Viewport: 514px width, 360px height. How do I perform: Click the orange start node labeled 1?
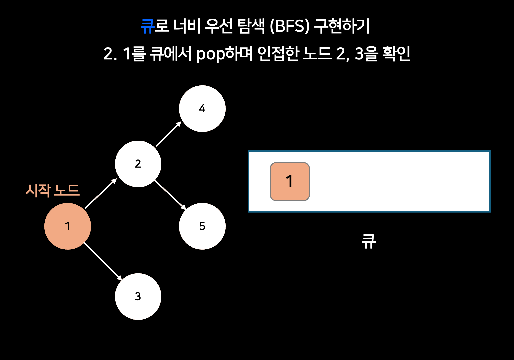68,226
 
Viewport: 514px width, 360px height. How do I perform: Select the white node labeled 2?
138,164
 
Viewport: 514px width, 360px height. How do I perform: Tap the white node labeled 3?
138,296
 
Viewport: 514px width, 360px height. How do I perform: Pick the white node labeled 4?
202,109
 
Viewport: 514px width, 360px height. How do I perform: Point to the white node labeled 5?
202,226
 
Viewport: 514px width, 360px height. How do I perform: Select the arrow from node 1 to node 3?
103,261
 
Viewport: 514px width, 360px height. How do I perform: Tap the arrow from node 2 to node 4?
168,134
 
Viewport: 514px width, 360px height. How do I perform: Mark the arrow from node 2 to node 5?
170,195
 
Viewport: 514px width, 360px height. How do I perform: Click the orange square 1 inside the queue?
290,182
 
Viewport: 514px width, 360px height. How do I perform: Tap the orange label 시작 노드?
52,190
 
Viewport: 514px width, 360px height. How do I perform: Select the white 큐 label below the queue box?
369,241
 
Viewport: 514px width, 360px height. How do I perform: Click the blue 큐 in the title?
147,26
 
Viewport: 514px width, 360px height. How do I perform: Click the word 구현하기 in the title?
342,26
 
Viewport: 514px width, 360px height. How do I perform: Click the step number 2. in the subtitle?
110,54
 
